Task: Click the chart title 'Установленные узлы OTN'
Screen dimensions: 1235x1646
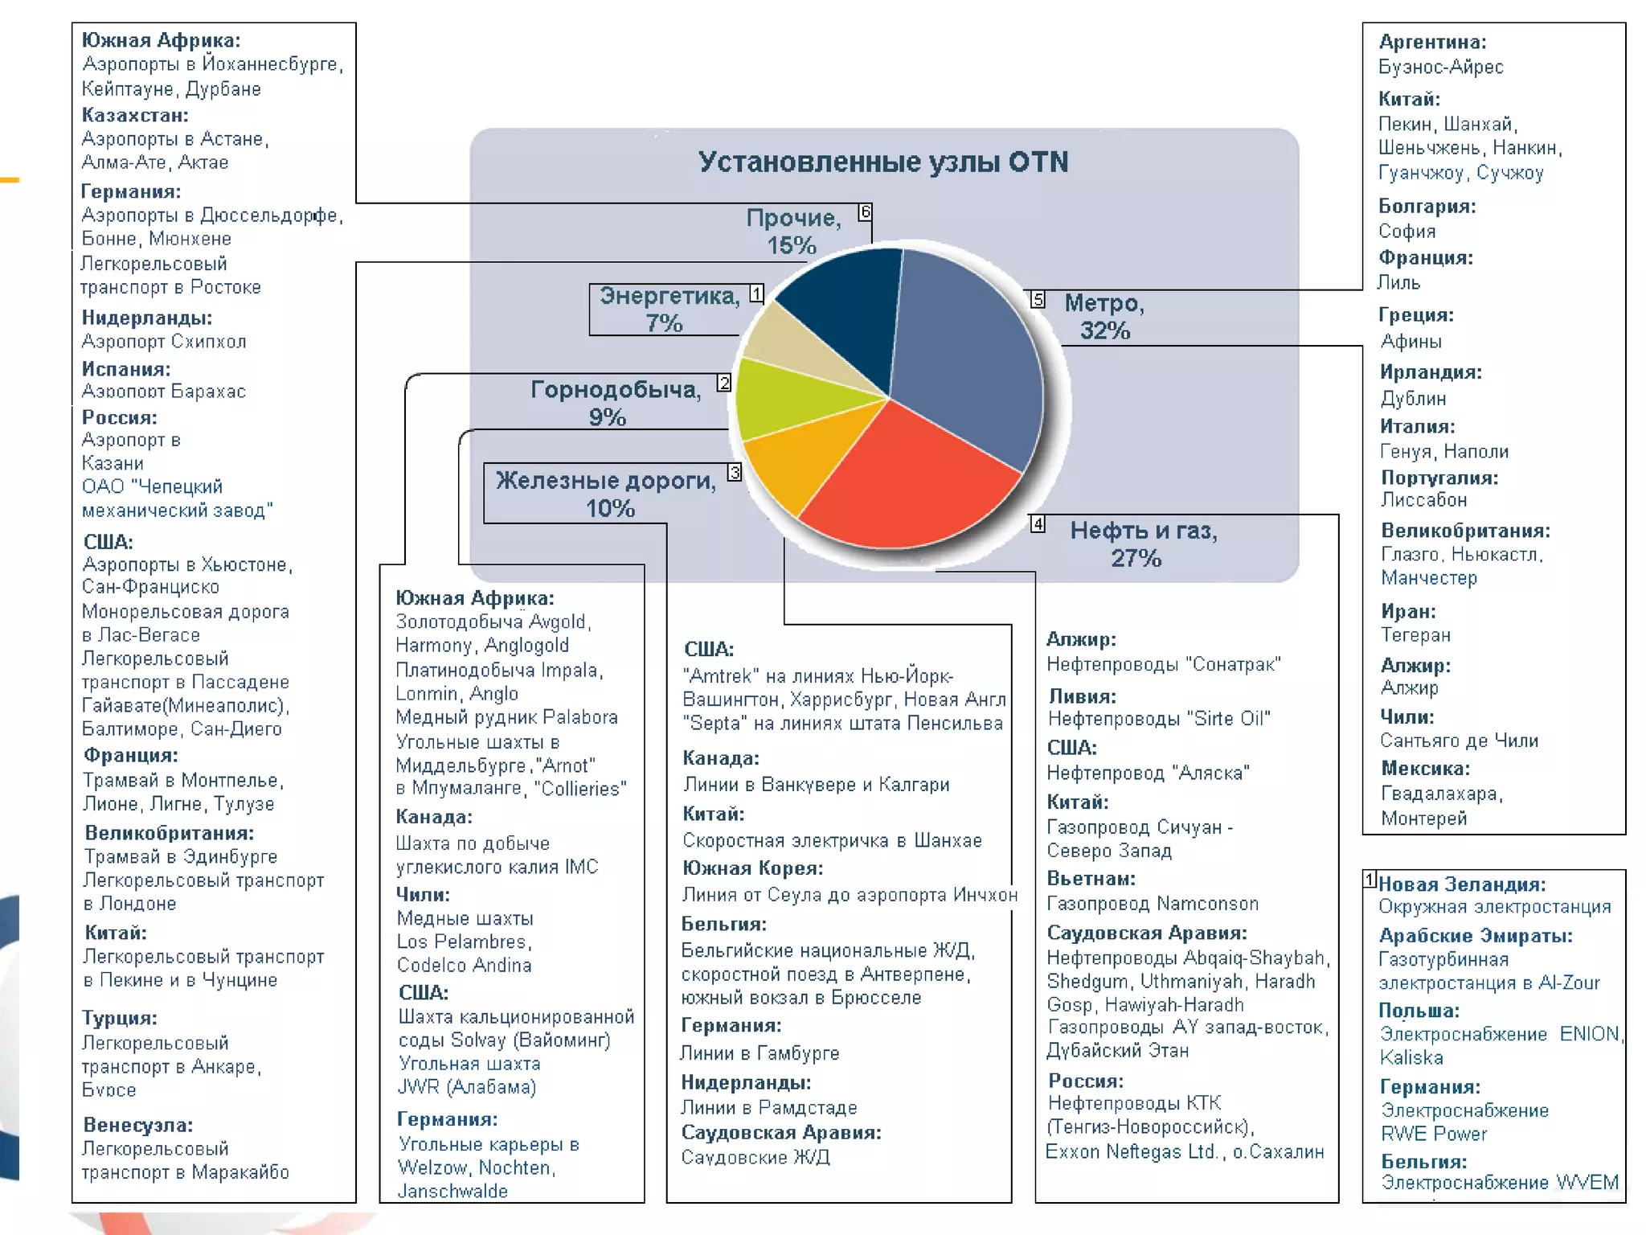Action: click(882, 162)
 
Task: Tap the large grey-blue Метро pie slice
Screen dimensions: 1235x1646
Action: click(964, 354)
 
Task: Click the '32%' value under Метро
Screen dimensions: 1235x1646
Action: click(1104, 330)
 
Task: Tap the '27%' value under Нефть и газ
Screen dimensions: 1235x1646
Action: click(1136, 558)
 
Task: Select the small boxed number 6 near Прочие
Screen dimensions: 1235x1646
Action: click(865, 212)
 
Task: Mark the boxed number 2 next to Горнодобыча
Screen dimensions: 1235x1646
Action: click(724, 384)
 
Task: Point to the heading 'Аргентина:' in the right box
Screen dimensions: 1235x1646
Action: click(1432, 42)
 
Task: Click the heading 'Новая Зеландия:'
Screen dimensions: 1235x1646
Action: click(1462, 884)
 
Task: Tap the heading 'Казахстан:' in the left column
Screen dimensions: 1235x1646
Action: click(135, 115)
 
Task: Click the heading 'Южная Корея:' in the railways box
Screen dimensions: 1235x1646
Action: click(752, 868)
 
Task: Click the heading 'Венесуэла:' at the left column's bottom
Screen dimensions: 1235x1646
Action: click(138, 1125)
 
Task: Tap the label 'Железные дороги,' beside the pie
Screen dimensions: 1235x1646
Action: click(605, 481)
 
